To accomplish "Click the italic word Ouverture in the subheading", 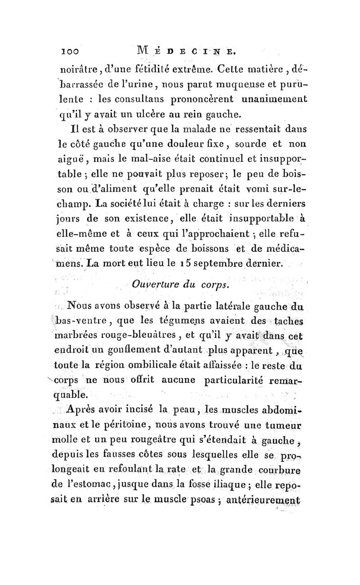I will pyautogui.click(x=156, y=284).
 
